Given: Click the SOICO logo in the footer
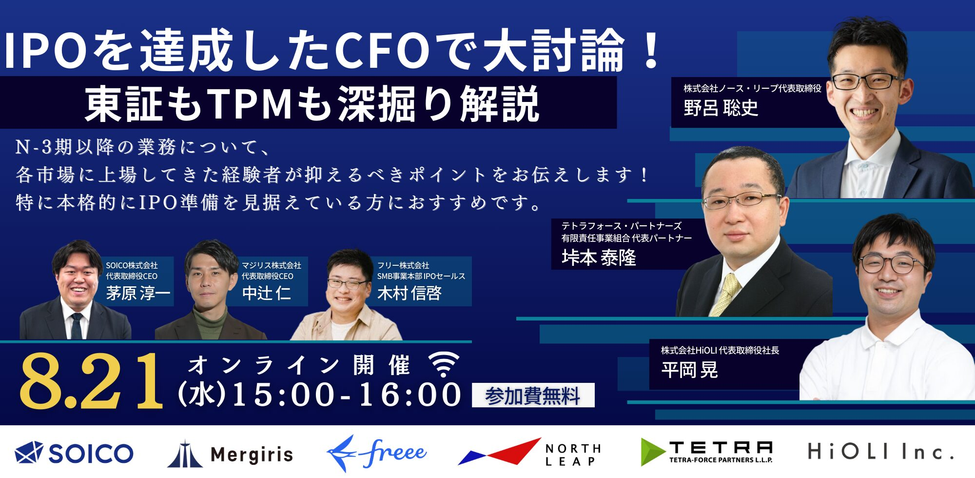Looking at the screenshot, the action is coord(74,453).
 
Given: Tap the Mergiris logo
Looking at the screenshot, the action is coord(230,454).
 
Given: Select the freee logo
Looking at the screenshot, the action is coord(376,453).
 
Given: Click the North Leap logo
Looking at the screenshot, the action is coord(529,453).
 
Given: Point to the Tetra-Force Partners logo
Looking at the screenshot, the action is coord(707,452).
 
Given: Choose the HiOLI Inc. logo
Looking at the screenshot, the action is coord(880,452).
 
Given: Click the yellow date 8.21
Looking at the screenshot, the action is coord(91,380).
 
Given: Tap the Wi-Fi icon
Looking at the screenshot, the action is coord(443,364).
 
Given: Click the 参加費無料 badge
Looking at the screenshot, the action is coord(533,395).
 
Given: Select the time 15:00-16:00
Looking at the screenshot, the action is coord(347,395).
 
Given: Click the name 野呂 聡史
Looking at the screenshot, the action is coord(721,108).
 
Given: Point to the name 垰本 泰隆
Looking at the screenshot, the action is coord(599,257).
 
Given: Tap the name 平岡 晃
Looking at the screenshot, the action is coord(689,370).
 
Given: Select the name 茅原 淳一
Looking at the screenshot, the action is coord(138,293).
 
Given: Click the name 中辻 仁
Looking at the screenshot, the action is coord(266,293).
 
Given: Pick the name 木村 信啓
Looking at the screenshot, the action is coord(409,293).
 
